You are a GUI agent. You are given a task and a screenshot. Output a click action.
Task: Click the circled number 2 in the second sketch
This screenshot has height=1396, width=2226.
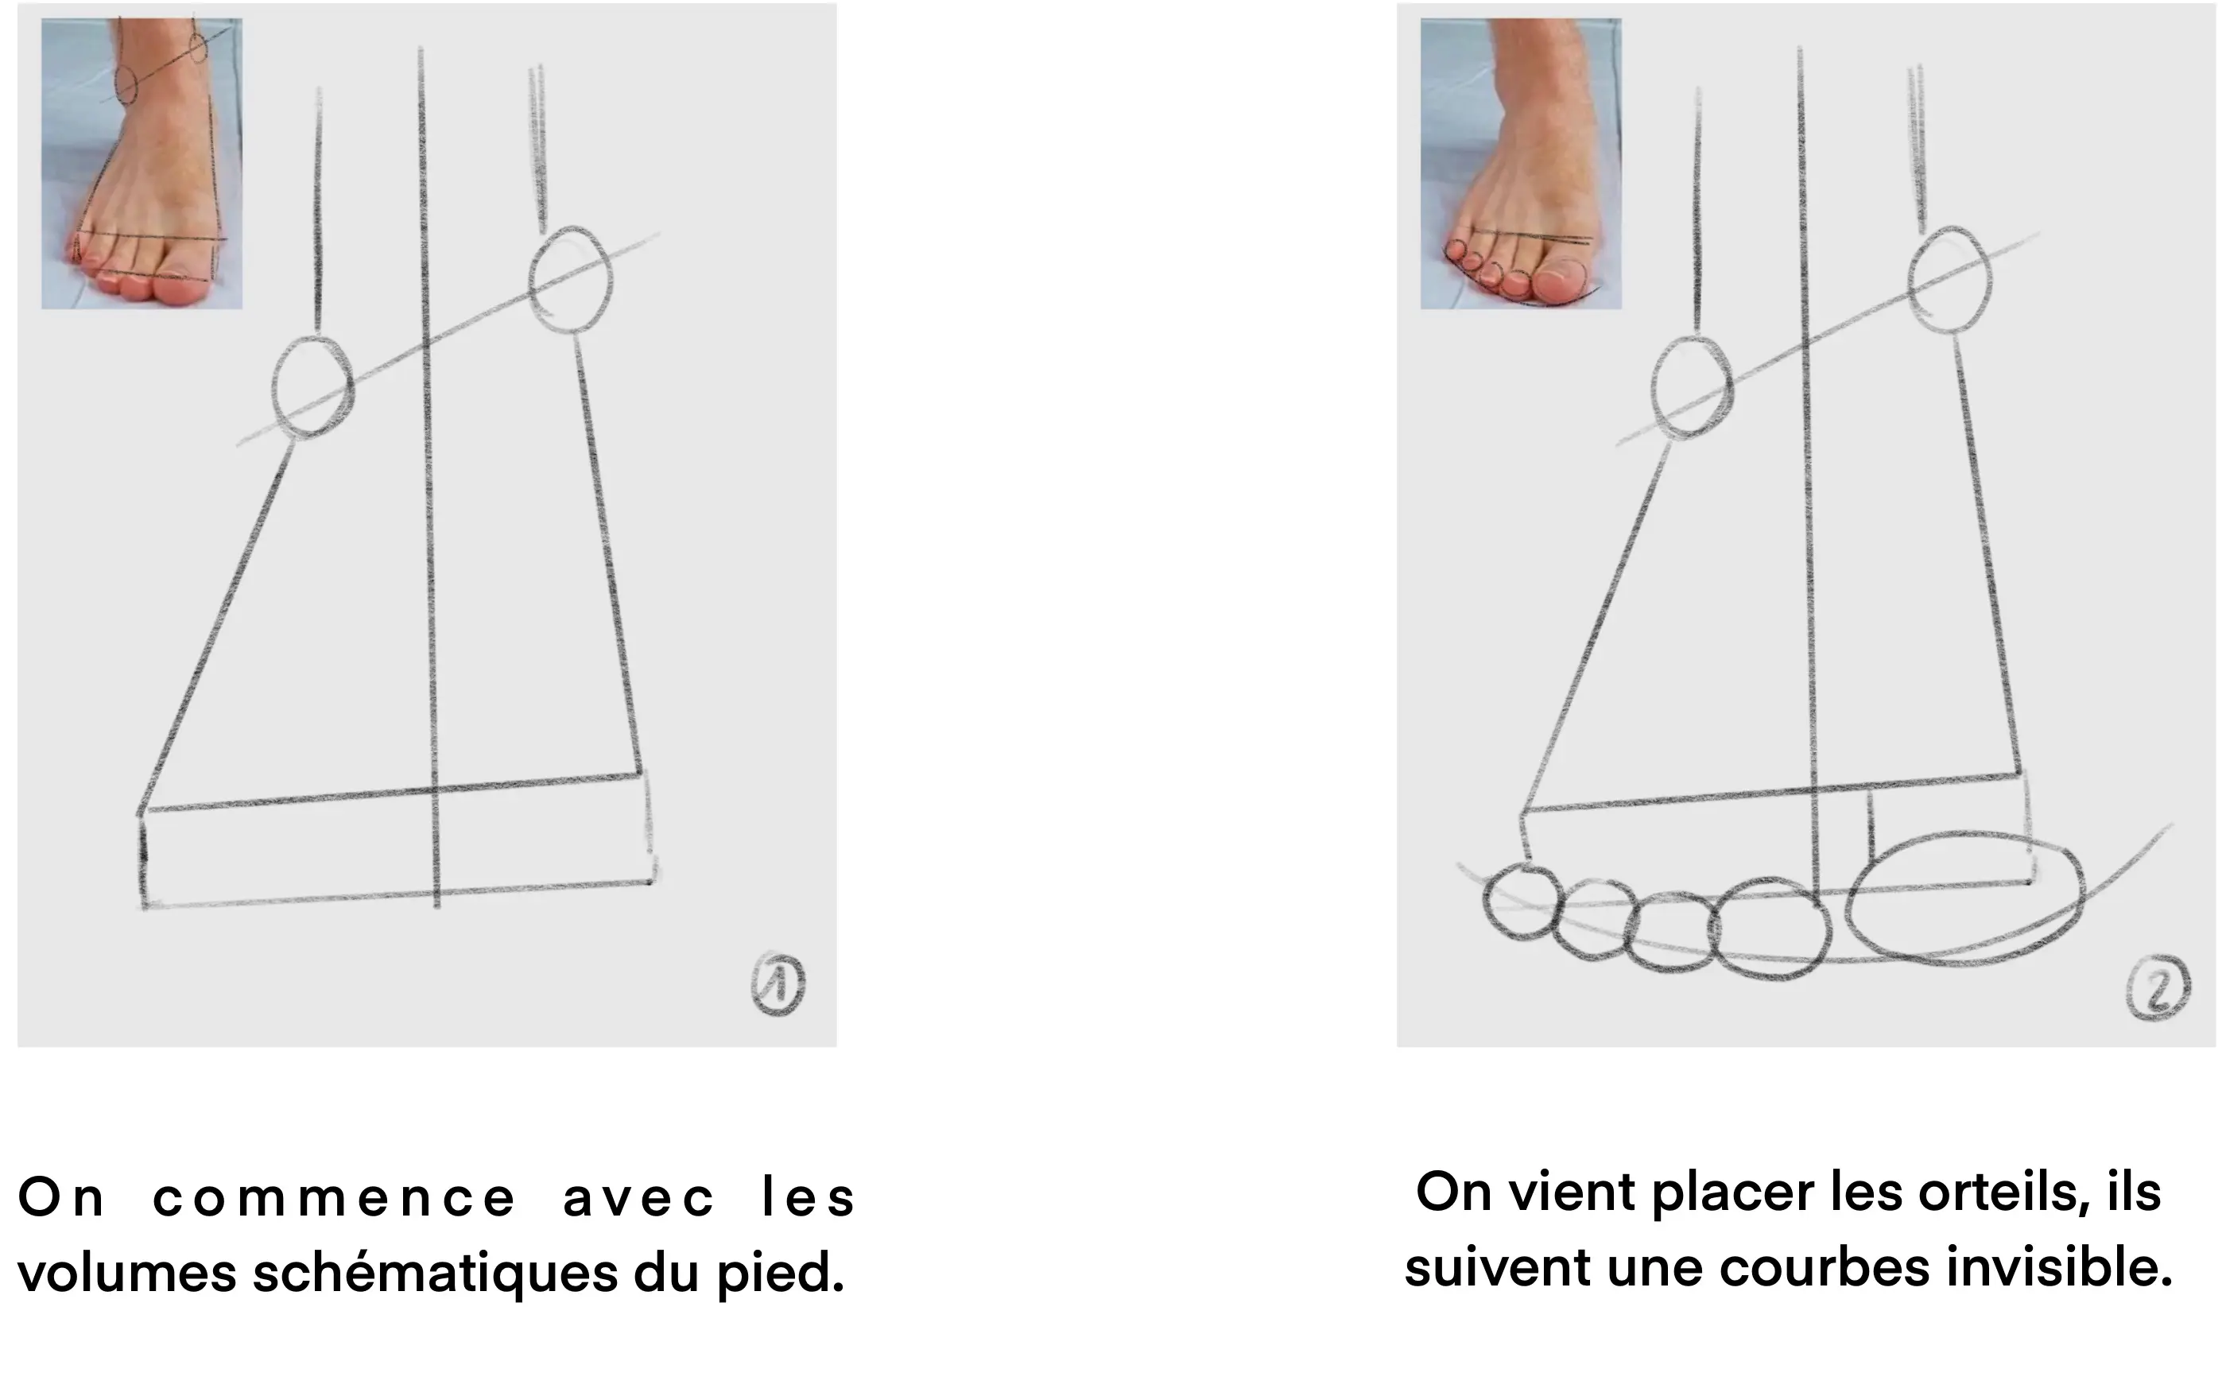[2158, 988]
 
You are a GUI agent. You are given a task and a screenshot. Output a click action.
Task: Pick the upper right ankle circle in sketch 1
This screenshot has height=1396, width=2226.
[571, 279]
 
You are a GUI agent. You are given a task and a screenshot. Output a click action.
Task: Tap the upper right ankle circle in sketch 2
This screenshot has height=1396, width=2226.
[1949, 279]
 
